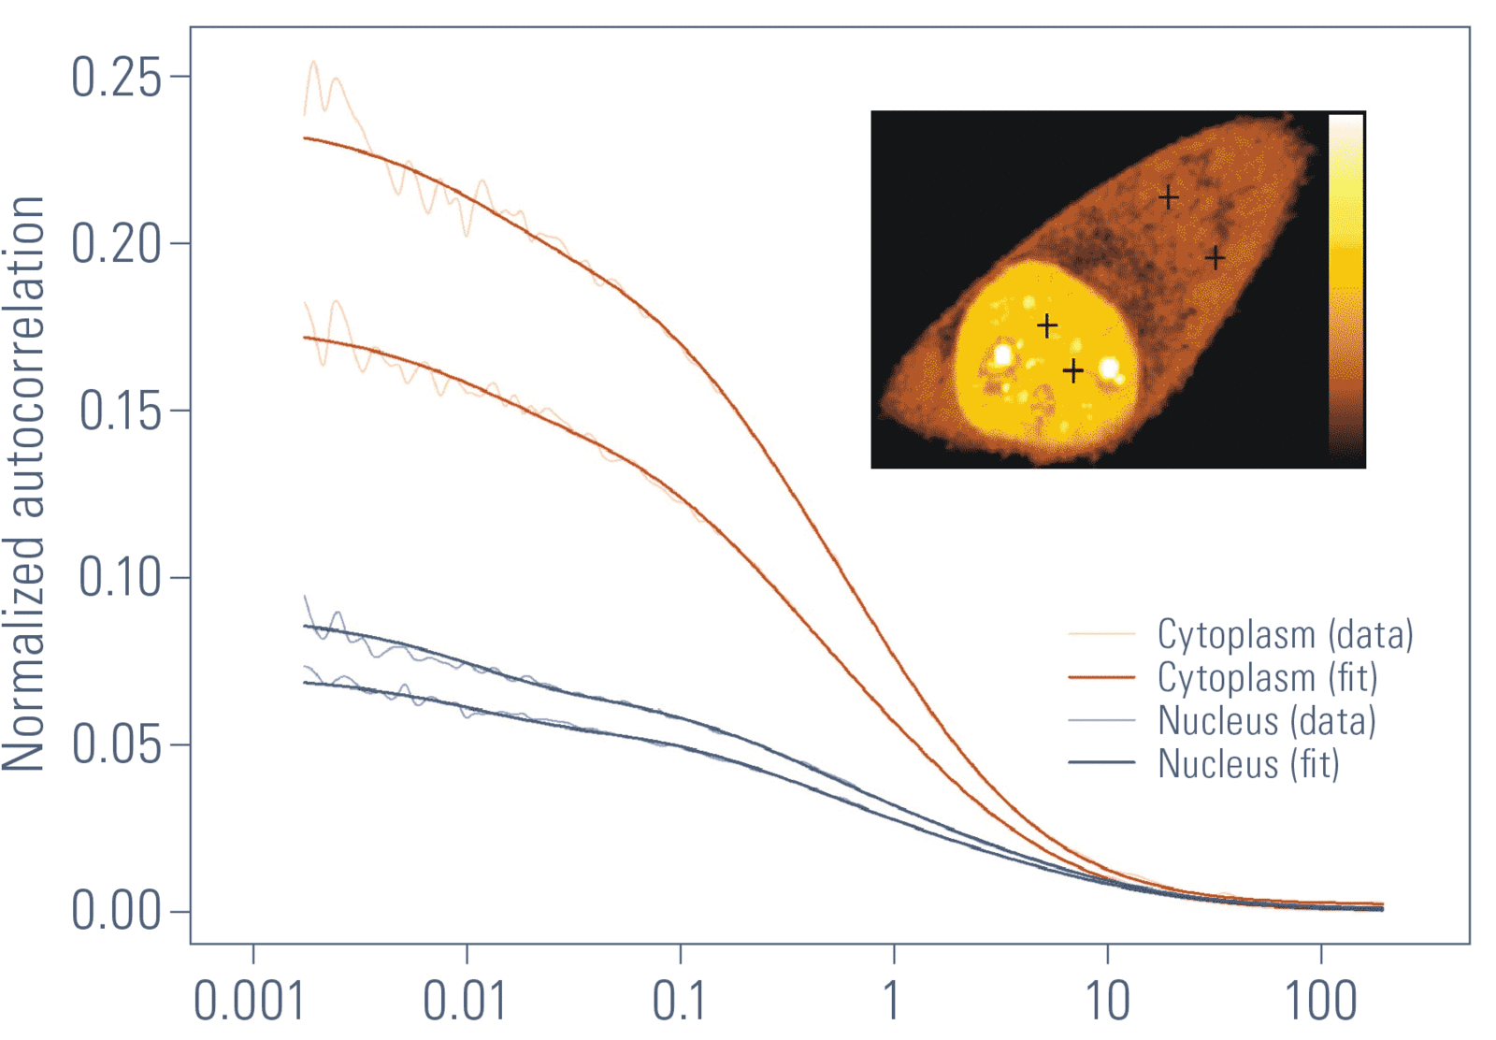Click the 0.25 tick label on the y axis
click(x=116, y=77)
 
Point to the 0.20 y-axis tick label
click(x=116, y=244)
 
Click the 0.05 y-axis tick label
click(x=116, y=744)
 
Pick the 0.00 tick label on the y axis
click(x=116, y=911)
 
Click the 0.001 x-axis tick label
click(x=249, y=1001)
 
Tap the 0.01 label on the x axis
click(x=465, y=1001)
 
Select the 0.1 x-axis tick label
click(x=679, y=1001)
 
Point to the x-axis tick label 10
click(x=1107, y=1001)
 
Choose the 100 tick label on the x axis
click(x=1320, y=1001)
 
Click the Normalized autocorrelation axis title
click(x=24, y=484)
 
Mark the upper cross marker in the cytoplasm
click(x=1168, y=197)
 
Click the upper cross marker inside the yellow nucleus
click(x=1047, y=325)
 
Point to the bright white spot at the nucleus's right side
click(x=1110, y=368)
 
